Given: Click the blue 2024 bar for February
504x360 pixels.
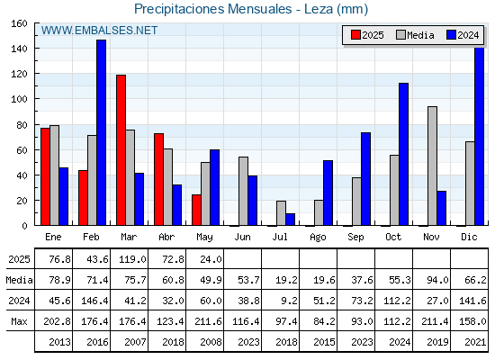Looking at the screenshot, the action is coord(101,132).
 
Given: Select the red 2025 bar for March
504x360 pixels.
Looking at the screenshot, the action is coord(121,150).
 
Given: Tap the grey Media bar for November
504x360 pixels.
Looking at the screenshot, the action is coord(432,166).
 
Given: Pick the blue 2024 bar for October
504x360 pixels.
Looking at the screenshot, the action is coord(404,154).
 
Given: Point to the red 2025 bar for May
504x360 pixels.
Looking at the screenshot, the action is coord(197,210).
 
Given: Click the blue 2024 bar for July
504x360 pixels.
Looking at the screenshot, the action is coord(290,220).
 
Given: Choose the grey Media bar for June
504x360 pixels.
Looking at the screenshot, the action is coord(243,191).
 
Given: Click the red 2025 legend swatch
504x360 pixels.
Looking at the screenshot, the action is coord(355,35).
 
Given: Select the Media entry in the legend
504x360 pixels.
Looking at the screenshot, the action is coord(415,35).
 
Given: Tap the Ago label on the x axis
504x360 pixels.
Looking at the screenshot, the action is coord(318,238).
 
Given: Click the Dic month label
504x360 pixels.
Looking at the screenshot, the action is coord(469,237).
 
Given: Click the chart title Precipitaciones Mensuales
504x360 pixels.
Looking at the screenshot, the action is coord(212,9).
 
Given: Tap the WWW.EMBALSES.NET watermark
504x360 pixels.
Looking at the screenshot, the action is coord(99,31).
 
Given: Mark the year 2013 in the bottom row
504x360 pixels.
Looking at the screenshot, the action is coord(59,342).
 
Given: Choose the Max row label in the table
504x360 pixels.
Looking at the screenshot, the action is coord(19,321).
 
